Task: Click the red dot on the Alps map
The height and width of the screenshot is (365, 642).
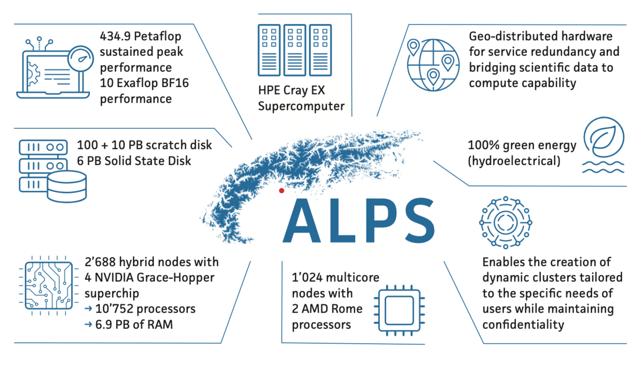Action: point(281,191)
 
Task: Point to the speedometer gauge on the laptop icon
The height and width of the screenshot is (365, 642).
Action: point(81,57)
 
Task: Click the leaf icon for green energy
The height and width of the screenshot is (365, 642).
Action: point(603,137)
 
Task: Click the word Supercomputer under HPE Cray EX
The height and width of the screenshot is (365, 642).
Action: point(301,106)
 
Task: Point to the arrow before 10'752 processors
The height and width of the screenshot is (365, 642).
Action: point(88,309)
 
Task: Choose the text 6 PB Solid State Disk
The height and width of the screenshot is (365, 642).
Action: point(134,160)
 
